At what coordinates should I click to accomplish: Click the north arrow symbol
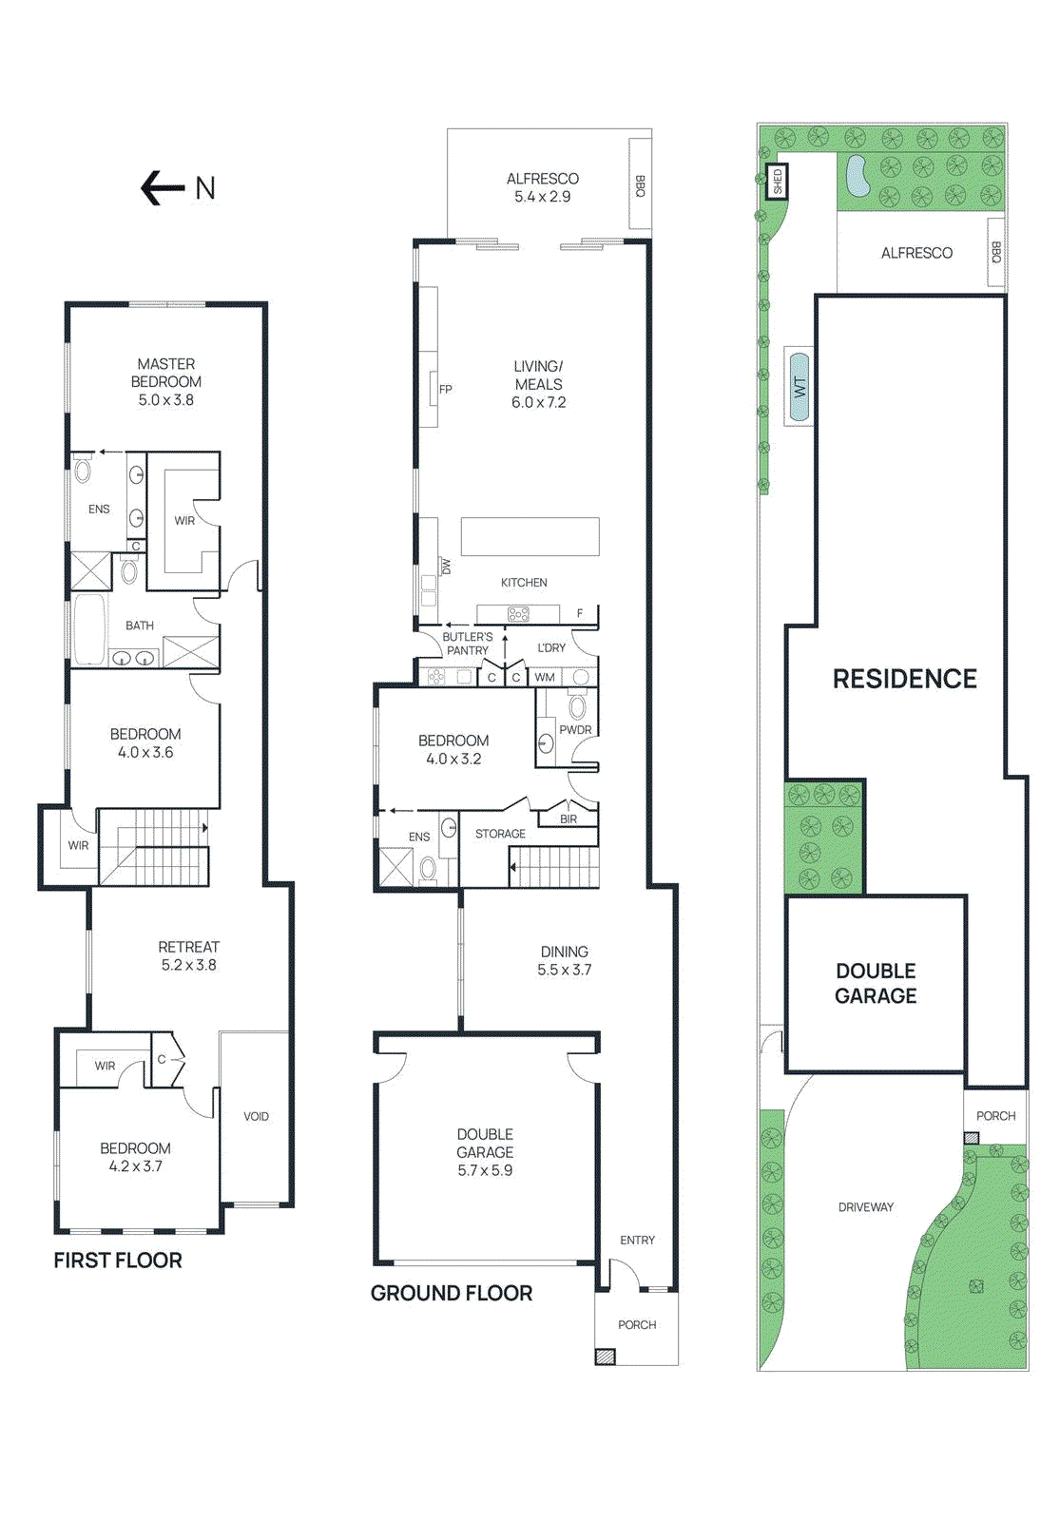[162, 188]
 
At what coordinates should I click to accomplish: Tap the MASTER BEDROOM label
[166, 373]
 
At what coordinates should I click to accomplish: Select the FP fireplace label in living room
[445, 389]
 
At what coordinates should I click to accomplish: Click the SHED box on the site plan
[778, 182]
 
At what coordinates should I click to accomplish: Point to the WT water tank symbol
[799, 387]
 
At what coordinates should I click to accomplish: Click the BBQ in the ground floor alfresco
[640, 185]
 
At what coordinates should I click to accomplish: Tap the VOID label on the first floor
[256, 1116]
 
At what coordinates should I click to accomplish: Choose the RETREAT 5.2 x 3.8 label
[188, 955]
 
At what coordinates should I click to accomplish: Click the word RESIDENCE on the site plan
[904, 679]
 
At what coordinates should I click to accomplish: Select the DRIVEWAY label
[865, 1207]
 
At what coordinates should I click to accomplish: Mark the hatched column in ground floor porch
[605, 1357]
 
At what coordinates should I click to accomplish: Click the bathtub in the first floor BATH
[89, 629]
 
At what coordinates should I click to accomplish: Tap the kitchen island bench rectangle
[530, 536]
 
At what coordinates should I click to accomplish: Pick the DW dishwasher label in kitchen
[446, 566]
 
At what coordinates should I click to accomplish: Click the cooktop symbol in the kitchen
[518, 614]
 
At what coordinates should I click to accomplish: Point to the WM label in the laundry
[545, 677]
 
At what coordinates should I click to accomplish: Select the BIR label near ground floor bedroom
[569, 818]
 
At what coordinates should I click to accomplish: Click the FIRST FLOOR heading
[117, 1261]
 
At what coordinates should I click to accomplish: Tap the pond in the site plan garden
[858, 176]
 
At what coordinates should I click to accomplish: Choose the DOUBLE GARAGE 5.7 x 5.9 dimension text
[485, 1170]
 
